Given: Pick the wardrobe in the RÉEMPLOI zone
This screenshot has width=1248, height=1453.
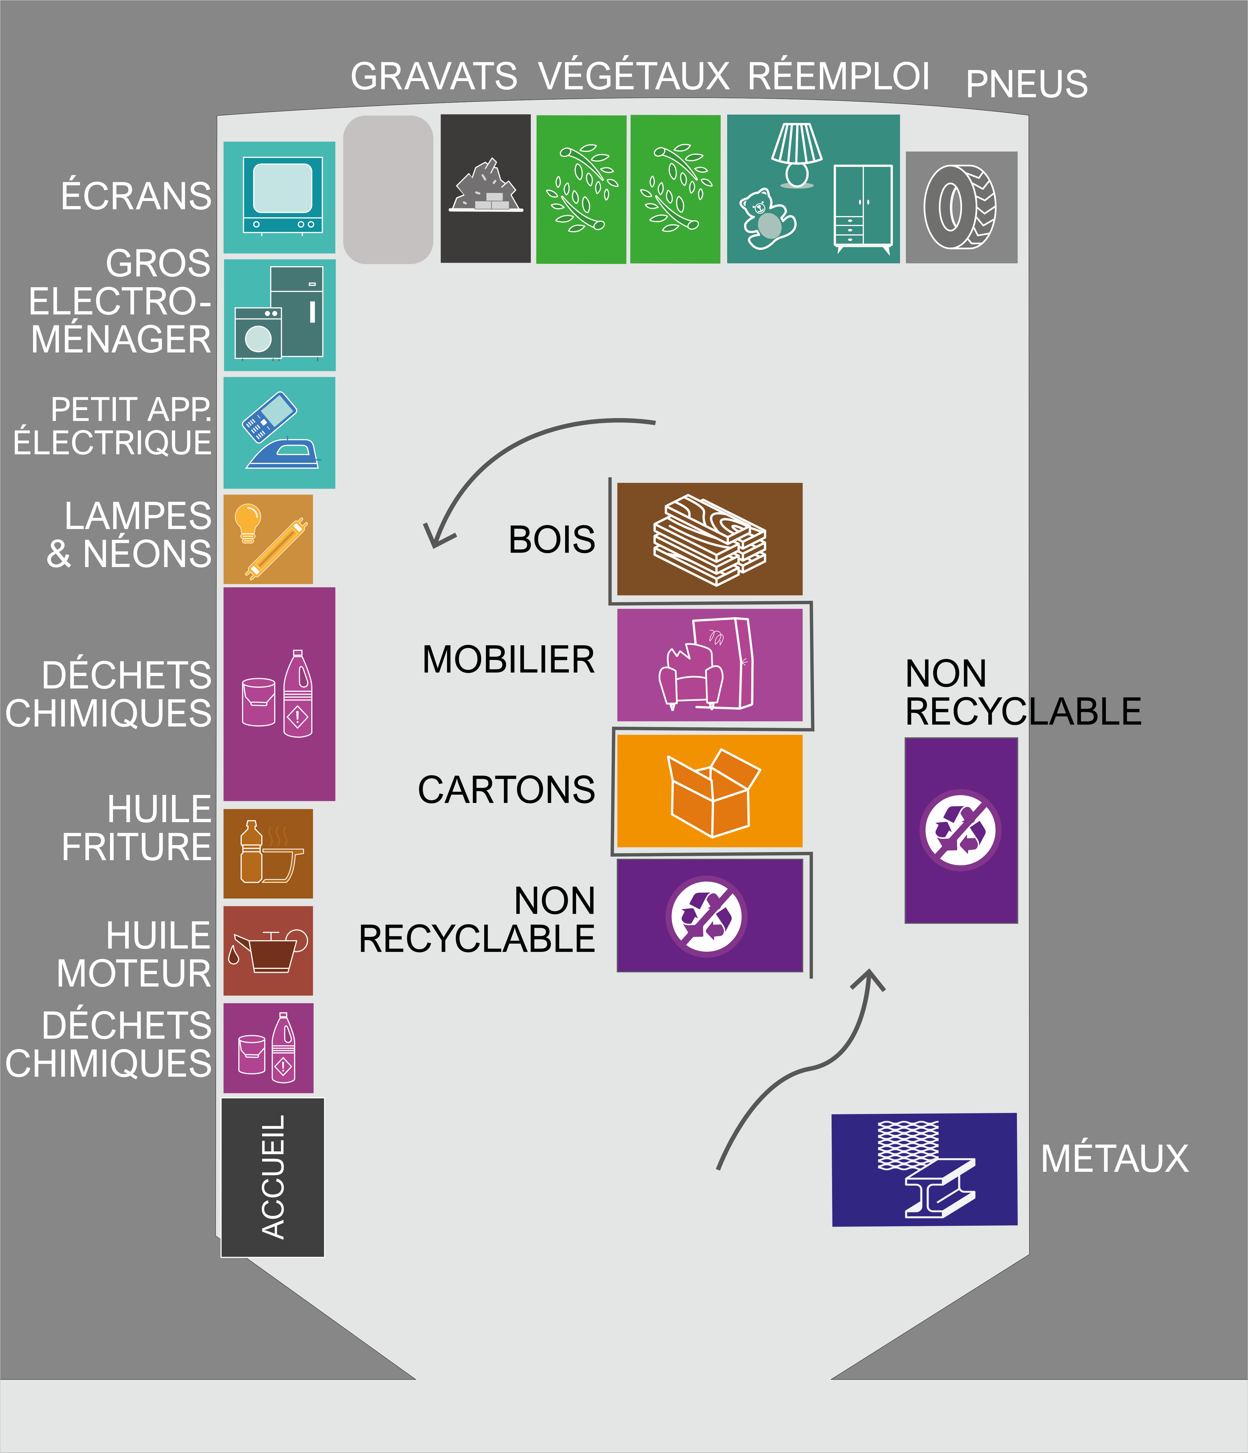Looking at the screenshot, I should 862,208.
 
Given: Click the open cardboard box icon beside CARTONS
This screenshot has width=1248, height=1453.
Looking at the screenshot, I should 712,793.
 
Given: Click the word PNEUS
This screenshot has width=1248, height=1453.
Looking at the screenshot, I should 1026,84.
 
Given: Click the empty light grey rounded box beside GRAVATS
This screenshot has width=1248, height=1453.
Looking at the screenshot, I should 388,189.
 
